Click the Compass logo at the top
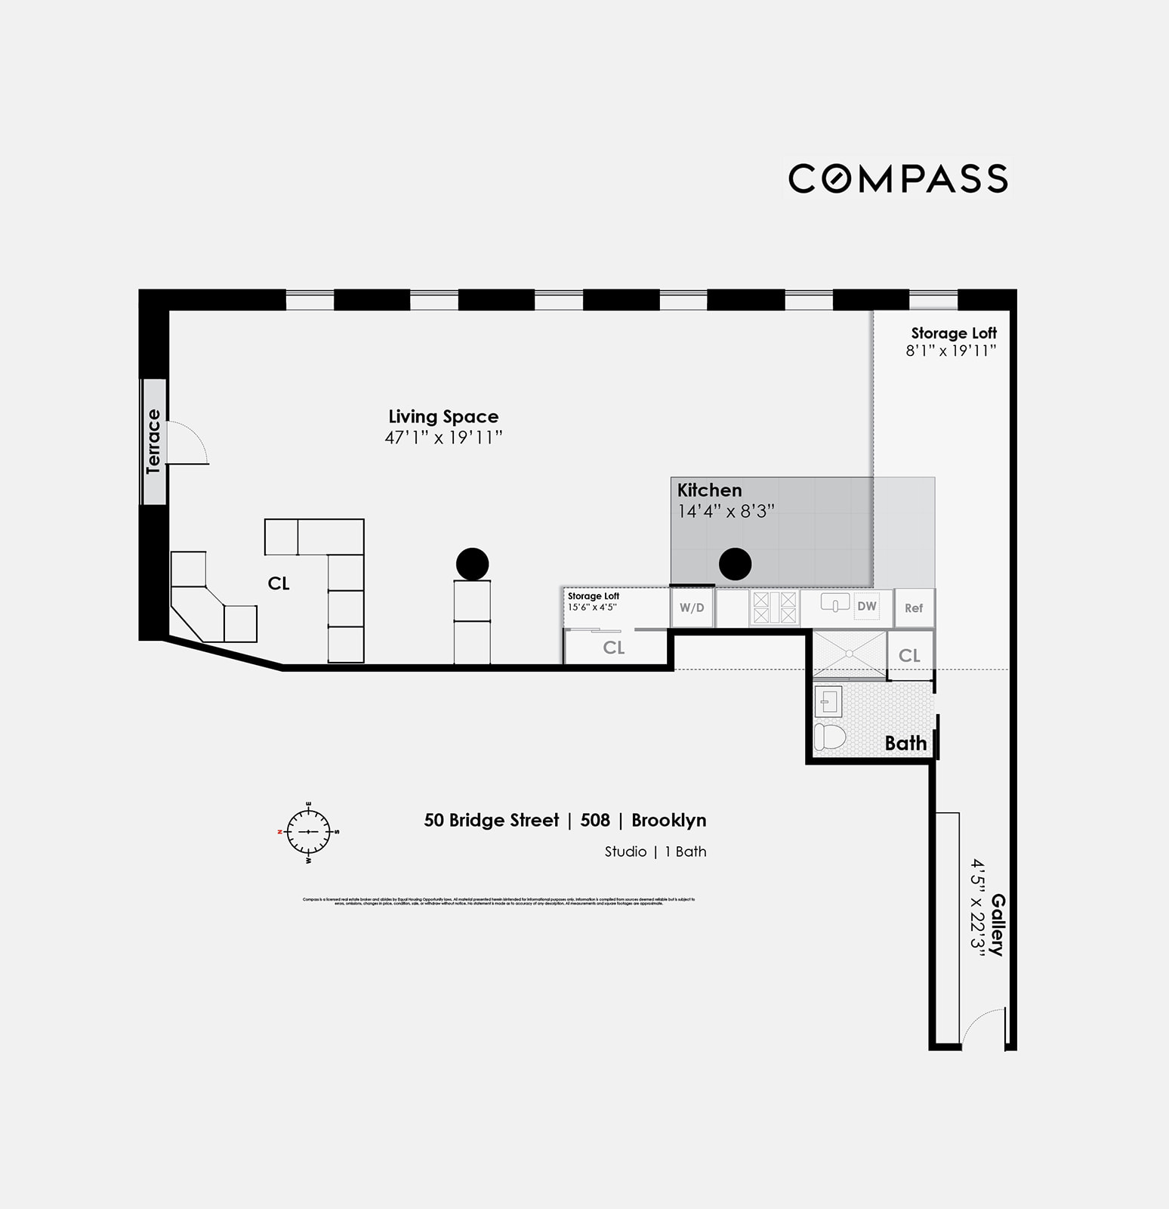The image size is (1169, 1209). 898,179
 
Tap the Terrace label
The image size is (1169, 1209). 154,441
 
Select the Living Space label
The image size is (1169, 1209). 443,416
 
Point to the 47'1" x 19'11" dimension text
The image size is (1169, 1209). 443,438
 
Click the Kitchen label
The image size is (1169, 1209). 709,490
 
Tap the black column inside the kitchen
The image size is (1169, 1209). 735,564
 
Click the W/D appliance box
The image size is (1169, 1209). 692,608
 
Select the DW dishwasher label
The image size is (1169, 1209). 867,606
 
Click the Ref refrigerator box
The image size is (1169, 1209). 914,608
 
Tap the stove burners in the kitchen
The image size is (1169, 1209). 774,608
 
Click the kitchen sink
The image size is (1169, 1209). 834,604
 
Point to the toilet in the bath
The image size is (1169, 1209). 829,736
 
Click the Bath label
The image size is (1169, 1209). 905,744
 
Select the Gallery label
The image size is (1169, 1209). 998,925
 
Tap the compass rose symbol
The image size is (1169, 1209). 308,832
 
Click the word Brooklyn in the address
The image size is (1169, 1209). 668,821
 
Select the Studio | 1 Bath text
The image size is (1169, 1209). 655,852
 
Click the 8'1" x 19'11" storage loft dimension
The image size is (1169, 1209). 951,351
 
